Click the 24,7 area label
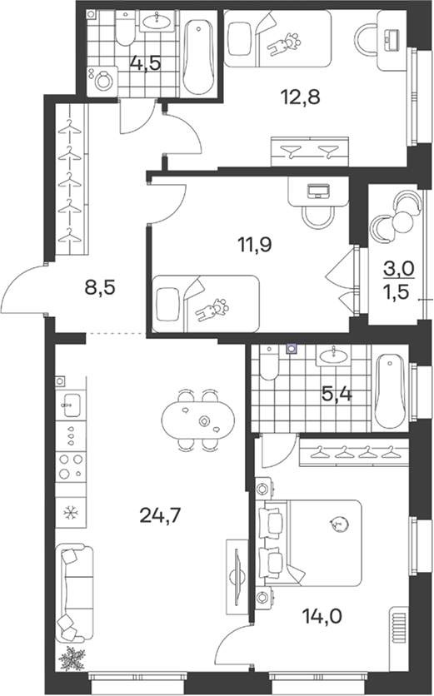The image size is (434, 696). click(x=160, y=516)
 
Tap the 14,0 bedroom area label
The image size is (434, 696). click(x=322, y=616)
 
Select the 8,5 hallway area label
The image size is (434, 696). click(x=100, y=287)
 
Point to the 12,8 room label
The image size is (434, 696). click(x=300, y=97)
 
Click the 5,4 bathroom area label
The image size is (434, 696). click(x=337, y=394)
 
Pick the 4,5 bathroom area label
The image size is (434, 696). click(x=145, y=63)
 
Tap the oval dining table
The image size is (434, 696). click(x=198, y=420)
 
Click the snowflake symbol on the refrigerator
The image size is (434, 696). click(x=70, y=513)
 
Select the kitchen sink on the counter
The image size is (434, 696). click(x=71, y=405)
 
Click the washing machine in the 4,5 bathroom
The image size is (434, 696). click(x=102, y=81)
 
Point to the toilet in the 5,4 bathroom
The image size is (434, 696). click(x=269, y=363)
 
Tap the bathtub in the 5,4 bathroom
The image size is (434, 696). click(x=390, y=391)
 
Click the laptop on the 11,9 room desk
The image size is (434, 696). click(x=317, y=191)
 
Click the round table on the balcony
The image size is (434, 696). click(x=403, y=220)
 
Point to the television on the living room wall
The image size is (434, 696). click(x=237, y=576)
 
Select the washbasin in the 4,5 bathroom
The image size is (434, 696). click(x=157, y=20)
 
